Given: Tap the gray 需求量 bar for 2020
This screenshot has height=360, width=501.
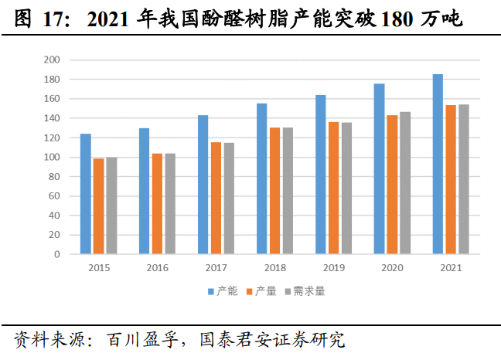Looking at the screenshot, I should (405, 183).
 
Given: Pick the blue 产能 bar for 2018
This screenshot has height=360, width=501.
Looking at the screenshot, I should (261, 178).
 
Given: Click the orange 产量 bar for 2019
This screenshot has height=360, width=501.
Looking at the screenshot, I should (333, 188).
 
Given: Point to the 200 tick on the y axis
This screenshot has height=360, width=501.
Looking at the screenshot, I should (53, 60).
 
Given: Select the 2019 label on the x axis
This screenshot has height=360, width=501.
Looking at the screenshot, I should (333, 268).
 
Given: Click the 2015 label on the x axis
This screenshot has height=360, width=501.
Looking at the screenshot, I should (98, 268).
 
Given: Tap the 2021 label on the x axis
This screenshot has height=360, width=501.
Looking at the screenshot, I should (451, 268).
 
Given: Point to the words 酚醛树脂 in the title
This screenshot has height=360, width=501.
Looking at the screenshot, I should (223, 20).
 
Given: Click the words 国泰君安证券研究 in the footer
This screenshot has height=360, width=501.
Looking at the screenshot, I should (271, 340).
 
